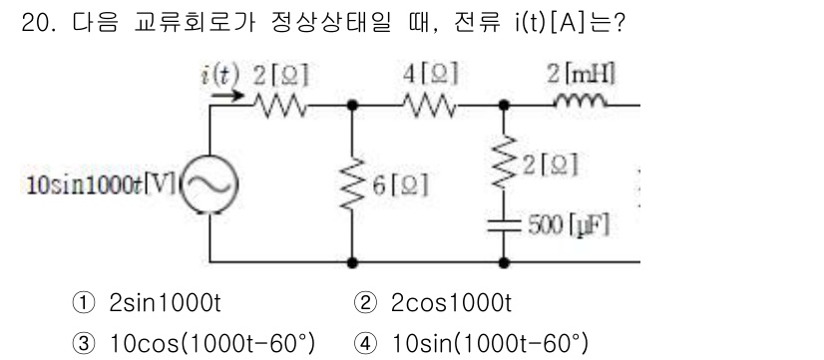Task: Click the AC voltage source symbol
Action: (210, 186)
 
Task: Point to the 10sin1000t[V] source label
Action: (95, 186)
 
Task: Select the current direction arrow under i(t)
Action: (224, 97)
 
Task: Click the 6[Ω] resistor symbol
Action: (352, 184)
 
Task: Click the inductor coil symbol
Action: (581, 99)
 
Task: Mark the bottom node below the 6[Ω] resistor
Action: (352, 262)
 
